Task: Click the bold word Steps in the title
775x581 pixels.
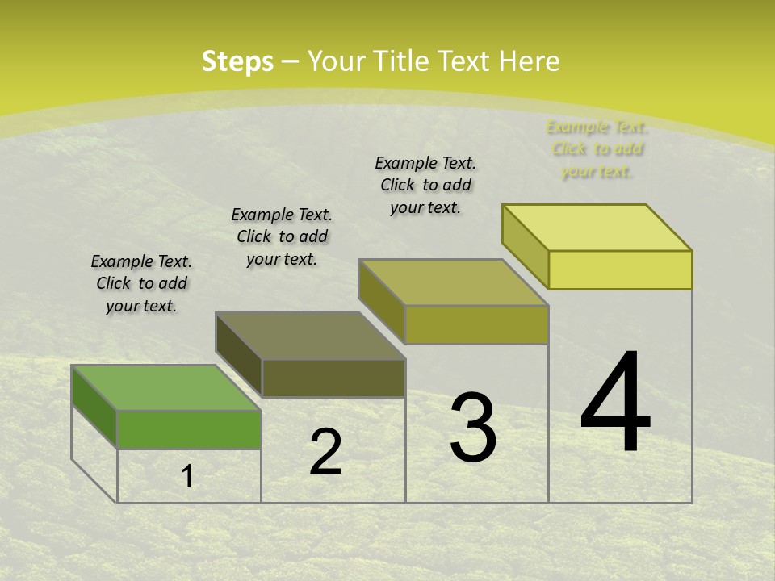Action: click(237, 61)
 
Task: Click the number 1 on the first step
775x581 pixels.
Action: click(187, 477)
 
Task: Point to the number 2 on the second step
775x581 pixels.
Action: click(325, 452)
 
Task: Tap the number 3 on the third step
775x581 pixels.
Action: click(473, 428)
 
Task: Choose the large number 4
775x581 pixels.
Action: click(615, 403)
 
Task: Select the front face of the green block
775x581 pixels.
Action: click(189, 429)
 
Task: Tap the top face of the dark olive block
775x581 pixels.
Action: click(310, 335)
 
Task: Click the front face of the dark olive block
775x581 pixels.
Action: click(333, 378)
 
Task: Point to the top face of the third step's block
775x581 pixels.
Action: click(453, 282)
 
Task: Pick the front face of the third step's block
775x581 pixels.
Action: click(476, 324)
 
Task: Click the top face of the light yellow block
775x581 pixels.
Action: click(597, 228)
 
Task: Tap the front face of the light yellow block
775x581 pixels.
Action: click(620, 270)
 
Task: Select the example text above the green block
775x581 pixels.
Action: click(141, 283)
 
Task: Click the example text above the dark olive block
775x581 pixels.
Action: click(282, 236)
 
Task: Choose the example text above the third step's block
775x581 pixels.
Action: click(425, 185)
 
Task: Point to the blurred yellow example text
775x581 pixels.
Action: click(597, 148)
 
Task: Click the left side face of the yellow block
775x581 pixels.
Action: click(525, 246)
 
